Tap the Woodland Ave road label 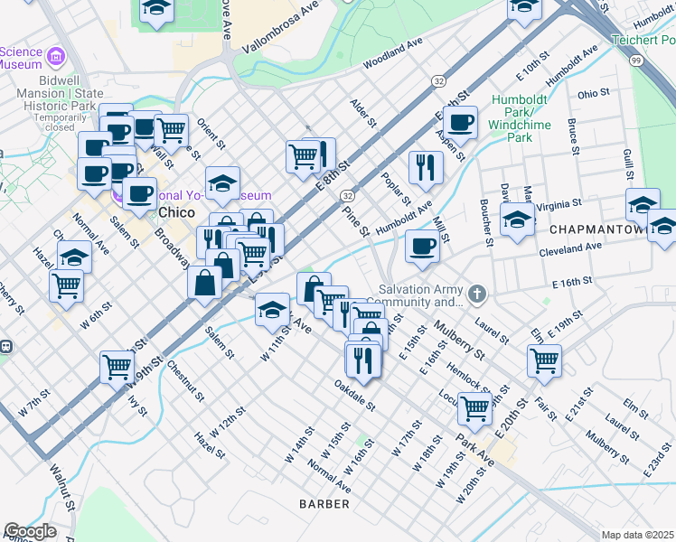tap(393, 54)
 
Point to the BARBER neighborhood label tap(324, 503)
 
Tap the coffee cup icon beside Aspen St tap(460, 122)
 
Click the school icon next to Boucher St tap(516, 219)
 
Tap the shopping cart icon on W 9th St tap(117, 366)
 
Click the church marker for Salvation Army tap(477, 294)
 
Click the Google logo tap(31, 530)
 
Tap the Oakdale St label tap(353, 394)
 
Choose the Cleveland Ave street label tap(568, 246)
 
